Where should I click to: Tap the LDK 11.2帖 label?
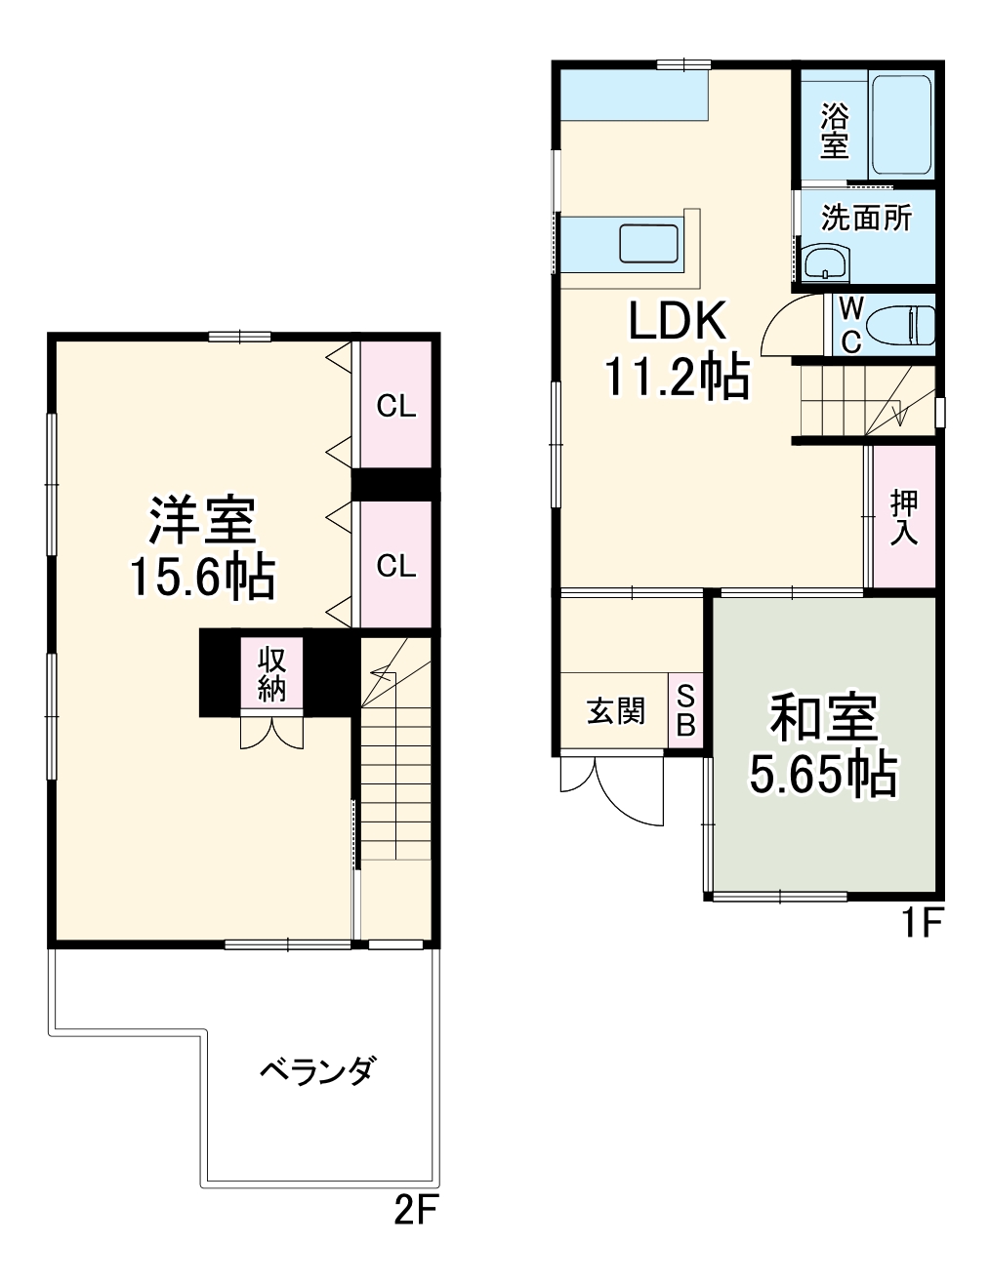(x=677, y=349)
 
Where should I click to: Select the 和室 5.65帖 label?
(x=823, y=746)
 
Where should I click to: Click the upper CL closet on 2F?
(x=395, y=405)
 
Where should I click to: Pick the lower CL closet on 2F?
(x=395, y=565)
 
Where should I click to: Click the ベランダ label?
(x=316, y=1071)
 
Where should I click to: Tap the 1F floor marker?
(x=920, y=922)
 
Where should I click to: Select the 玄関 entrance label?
(x=615, y=710)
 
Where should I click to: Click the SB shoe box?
(x=685, y=711)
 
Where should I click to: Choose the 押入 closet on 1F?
(x=903, y=517)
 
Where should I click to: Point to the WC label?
(x=851, y=325)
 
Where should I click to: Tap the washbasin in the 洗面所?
(x=826, y=262)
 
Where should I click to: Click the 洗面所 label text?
(x=866, y=217)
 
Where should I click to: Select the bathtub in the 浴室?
(x=901, y=124)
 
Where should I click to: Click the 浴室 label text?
(x=833, y=131)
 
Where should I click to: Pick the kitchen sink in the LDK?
(x=649, y=243)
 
